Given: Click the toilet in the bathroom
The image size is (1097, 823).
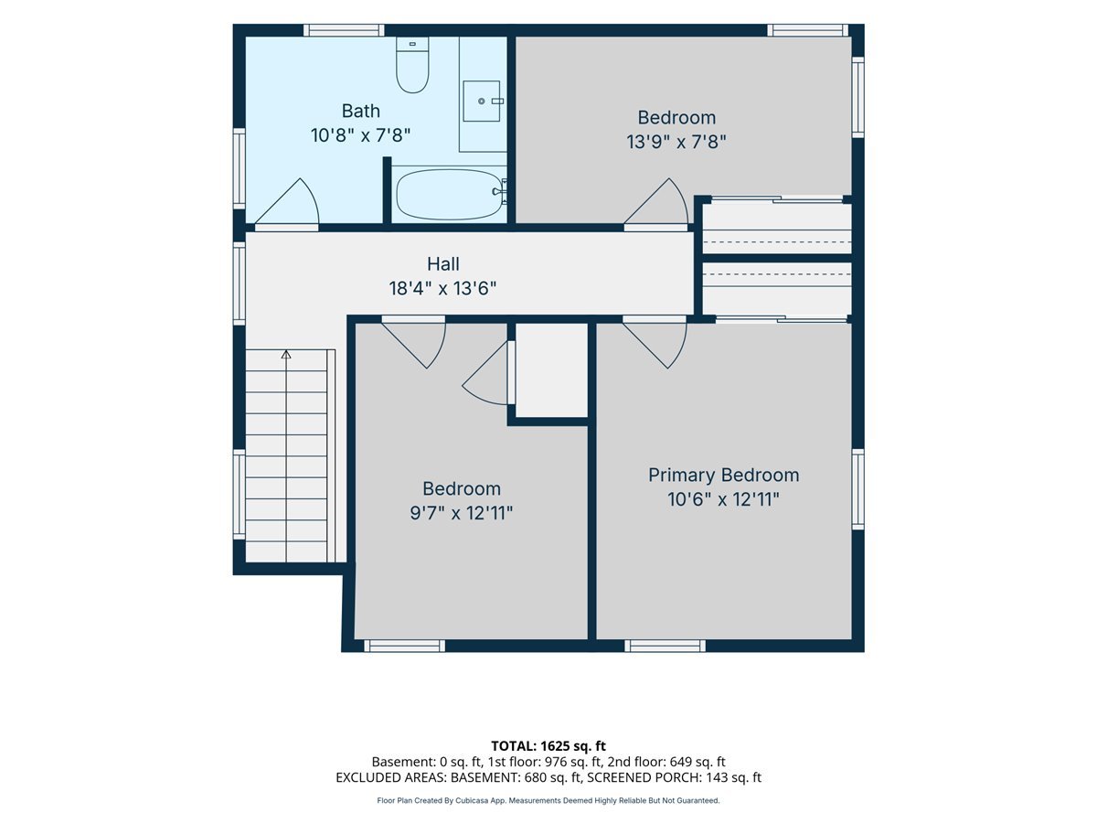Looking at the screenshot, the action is (412, 64).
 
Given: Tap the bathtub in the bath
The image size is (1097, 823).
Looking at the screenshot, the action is (449, 195).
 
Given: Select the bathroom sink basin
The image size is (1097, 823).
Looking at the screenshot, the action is (481, 101).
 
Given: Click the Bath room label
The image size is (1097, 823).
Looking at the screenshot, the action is (360, 111).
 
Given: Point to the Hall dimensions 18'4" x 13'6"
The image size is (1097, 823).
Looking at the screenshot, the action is (442, 288).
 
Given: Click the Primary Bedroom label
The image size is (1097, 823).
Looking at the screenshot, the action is (723, 476).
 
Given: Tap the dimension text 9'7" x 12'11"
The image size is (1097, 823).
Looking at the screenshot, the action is (462, 513).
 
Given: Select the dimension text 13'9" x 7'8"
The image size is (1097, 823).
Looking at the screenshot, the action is (676, 142).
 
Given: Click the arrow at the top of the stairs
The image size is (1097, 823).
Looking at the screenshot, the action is (286, 354).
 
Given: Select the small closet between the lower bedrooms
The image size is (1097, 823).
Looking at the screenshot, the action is (551, 369).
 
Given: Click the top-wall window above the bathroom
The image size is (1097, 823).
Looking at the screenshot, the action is (344, 30).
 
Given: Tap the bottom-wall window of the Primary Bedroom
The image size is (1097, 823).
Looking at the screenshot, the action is (665, 646).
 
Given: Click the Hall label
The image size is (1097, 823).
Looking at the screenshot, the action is (442, 264).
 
